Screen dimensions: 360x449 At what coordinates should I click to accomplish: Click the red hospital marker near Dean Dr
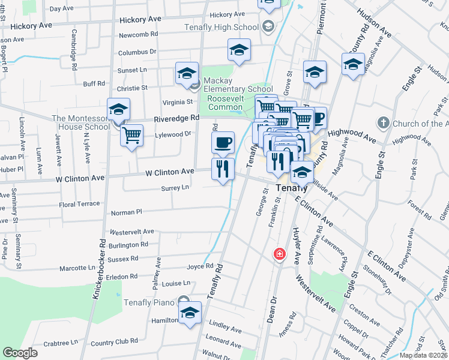pos(279,254)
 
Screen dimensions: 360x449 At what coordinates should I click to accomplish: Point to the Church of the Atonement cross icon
pos(384,124)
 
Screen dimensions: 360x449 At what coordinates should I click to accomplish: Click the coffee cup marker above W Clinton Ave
pos(223,142)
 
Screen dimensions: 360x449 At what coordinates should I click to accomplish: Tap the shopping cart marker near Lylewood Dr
pos(131,135)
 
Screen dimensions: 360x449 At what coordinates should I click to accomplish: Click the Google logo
pos(20,353)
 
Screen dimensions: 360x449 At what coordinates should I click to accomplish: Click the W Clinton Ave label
pos(169,172)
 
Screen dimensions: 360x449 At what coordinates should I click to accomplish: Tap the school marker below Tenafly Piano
pos(190,313)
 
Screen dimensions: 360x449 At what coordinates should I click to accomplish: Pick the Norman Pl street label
pos(126,212)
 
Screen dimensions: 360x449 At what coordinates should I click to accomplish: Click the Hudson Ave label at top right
pos(374,23)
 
